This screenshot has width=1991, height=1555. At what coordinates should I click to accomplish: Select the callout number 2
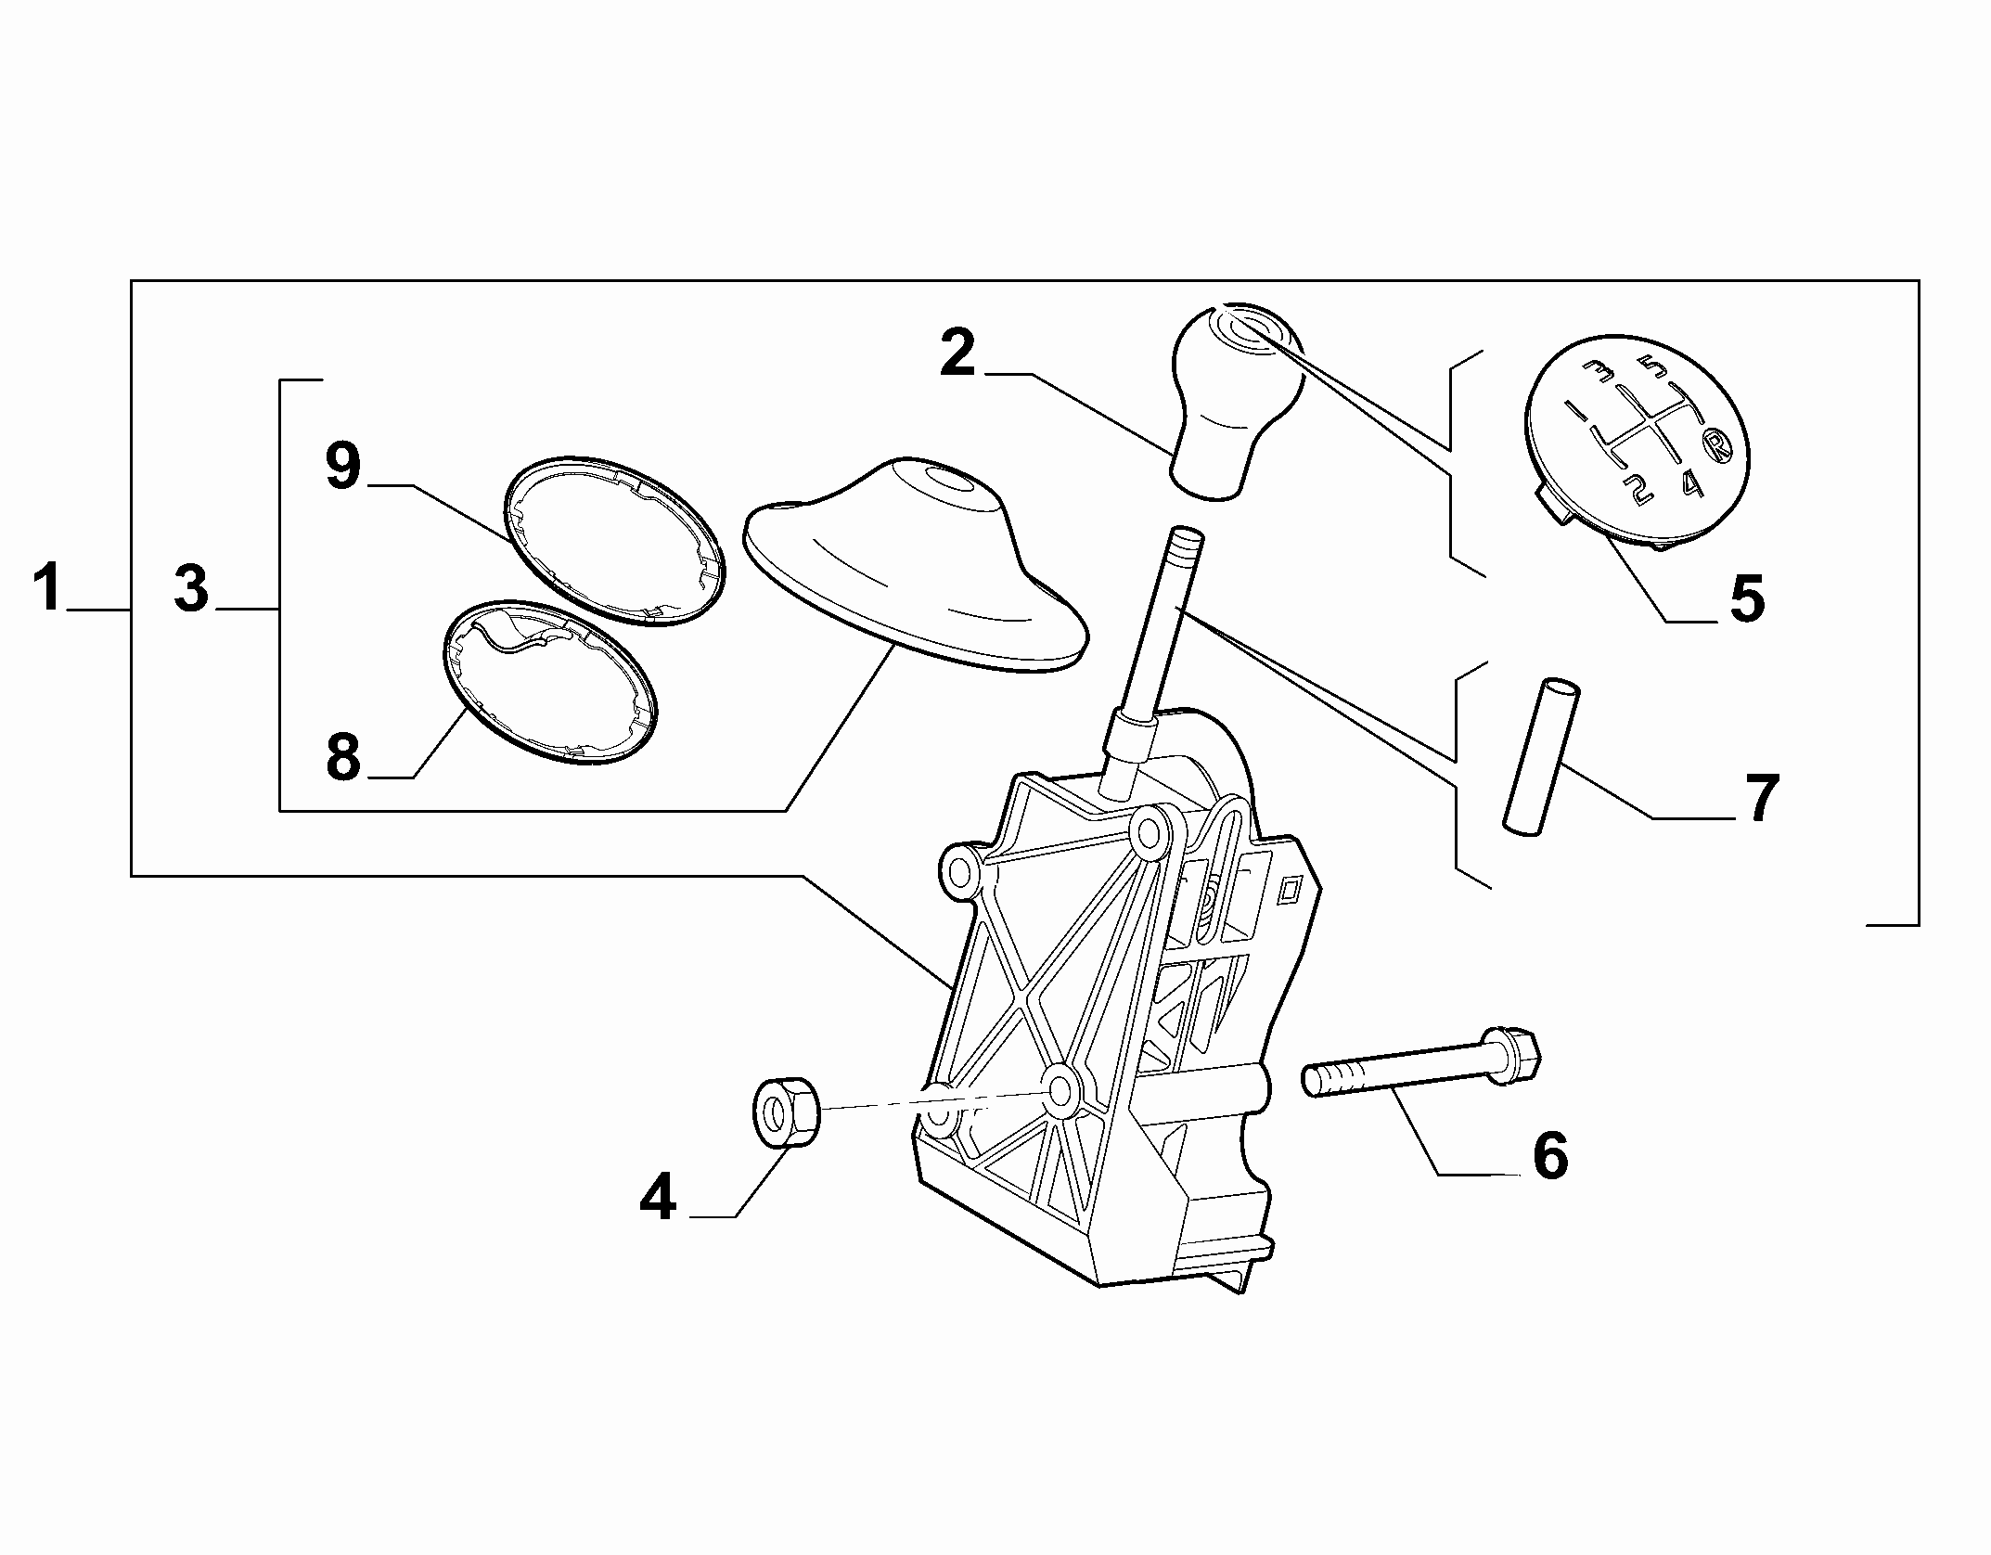[x=957, y=353]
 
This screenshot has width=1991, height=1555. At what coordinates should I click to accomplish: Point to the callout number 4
[x=658, y=1197]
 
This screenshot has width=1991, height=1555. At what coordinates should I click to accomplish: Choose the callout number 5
[x=1746, y=598]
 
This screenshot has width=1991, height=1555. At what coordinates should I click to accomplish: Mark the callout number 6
[x=1550, y=1156]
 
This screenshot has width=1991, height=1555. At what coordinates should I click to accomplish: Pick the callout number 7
[x=1760, y=799]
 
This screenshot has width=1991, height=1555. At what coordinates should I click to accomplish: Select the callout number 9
[x=342, y=467]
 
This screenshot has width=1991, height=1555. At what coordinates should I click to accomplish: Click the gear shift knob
[x=1232, y=401]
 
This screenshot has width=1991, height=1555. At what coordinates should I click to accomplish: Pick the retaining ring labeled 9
[x=614, y=541]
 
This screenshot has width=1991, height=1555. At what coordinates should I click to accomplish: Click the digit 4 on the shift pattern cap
[x=1691, y=482]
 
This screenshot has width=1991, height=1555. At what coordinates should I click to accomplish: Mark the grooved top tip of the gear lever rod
[x=1187, y=539]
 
